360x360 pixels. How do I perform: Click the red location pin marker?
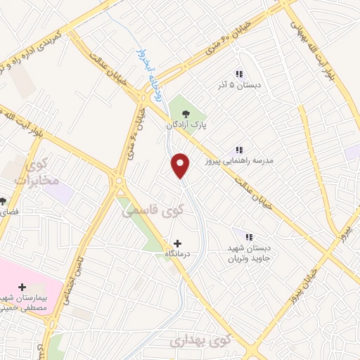[181, 165]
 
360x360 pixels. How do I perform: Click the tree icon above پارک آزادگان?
[186, 113]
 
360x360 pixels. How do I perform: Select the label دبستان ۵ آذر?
[238, 85]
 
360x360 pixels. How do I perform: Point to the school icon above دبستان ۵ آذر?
[239, 74]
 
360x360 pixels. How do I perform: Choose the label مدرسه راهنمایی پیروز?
[238, 161]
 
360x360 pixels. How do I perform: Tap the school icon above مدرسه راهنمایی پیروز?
[239, 150]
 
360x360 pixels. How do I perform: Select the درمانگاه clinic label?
[179, 254]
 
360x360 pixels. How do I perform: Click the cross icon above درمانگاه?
[177, 243]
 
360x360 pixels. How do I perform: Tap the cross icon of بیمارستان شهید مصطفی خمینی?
[22, 287]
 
